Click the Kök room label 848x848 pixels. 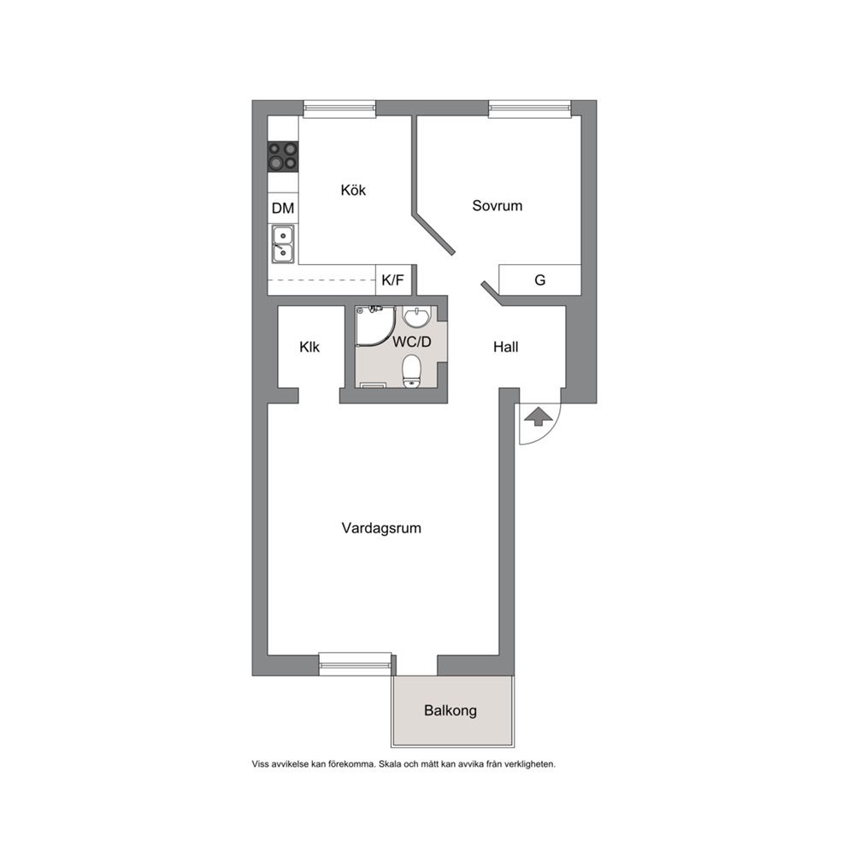(x=353, y=190)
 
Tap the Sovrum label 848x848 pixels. (x=497, y=205)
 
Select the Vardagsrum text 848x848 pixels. (x=381, y=527)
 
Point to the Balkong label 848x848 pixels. (x=450, y=710)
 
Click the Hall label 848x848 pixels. (x=506, y=347)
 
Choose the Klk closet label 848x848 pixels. (x=309, y=347)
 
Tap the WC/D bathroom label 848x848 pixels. (x=412, y=342)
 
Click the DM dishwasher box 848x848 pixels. (x=283, y=208)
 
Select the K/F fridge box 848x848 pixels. (x=393, y=280)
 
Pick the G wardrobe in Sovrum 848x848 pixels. (x=539, y=280)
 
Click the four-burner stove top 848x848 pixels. (x=283, y=156)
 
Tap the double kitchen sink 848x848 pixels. (x=283, y=244)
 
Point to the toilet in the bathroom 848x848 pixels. (x=412, y=371)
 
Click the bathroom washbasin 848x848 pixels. (x=417, y=317)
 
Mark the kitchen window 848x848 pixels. (x=339, y=109)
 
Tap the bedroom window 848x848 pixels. (x=529, y=109)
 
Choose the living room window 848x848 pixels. (x=355, y=663)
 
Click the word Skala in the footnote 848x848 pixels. (x=390, y=764)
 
